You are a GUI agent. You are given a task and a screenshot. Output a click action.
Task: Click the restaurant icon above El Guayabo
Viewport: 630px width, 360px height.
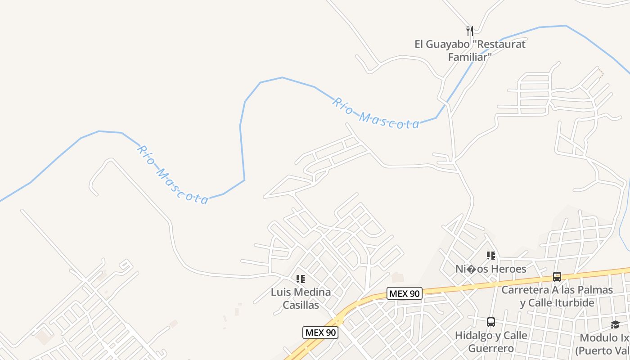pos(469,31)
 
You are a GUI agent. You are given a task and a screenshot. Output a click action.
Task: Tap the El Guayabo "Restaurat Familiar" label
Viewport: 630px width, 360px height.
pos(469,50)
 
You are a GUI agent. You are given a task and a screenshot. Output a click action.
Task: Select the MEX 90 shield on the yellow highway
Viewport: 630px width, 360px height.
pos(404,294)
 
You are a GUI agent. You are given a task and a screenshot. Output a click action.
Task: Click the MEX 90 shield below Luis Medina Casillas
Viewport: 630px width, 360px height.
pos(320,333)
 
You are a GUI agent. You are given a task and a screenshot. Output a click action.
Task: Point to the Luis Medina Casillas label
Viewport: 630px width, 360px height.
pos(301,298)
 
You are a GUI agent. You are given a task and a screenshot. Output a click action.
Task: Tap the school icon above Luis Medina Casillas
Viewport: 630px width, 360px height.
pos(301,279)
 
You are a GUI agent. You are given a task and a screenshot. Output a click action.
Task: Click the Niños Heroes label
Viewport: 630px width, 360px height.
pos(490,269)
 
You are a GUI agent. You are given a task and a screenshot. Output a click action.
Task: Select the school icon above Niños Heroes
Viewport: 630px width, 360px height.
pos(490,256)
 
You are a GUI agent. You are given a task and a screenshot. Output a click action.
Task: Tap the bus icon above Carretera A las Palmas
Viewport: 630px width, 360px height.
pos(557,277)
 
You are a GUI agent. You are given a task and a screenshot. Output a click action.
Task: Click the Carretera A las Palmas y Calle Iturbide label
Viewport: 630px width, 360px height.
pos(557,296)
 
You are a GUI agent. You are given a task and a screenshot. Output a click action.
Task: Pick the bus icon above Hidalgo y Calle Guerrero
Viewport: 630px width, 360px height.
pos(490,322)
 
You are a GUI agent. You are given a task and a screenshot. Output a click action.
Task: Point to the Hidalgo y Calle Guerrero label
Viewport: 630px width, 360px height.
pos(491,342)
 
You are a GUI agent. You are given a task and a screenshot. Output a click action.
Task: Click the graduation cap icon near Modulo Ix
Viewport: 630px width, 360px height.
pos(615,324)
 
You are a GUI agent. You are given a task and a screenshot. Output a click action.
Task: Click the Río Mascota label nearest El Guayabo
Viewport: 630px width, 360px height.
pos(376,114)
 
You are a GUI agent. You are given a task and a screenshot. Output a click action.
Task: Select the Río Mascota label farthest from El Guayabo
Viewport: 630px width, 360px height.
pos(172,175)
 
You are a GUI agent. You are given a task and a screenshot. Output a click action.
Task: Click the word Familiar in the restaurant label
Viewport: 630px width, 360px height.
pos(469,57)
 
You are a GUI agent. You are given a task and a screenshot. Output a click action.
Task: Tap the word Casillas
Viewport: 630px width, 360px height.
pos(301,305)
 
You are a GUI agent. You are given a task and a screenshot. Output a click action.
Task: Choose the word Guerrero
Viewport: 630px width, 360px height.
pos(491,348)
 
